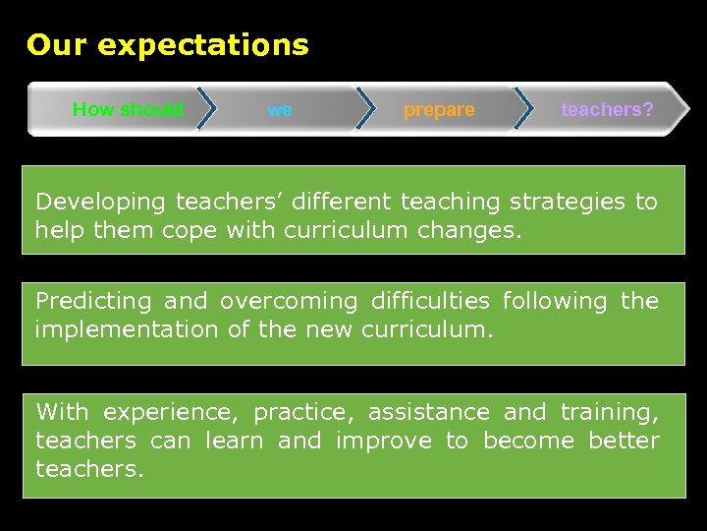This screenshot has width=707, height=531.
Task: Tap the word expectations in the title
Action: pyautogui.click(x=203, y=45)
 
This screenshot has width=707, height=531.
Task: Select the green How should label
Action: pyautogui.click(x=128, y=109)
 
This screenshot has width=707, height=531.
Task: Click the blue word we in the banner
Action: pyautogui.click(x=280, y=109)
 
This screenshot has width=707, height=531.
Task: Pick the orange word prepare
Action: pyautogui.click(x=439, y=109)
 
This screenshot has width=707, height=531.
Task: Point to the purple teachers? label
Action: pyautogui.click(x=607, y=109)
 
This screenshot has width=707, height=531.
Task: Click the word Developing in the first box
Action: pyautogui.click(x=100, y=202)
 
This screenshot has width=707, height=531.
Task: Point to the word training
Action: pyautogui.click(x=610, y=412)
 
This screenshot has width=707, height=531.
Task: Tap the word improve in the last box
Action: pyautogui.click(x=383, y=441)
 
